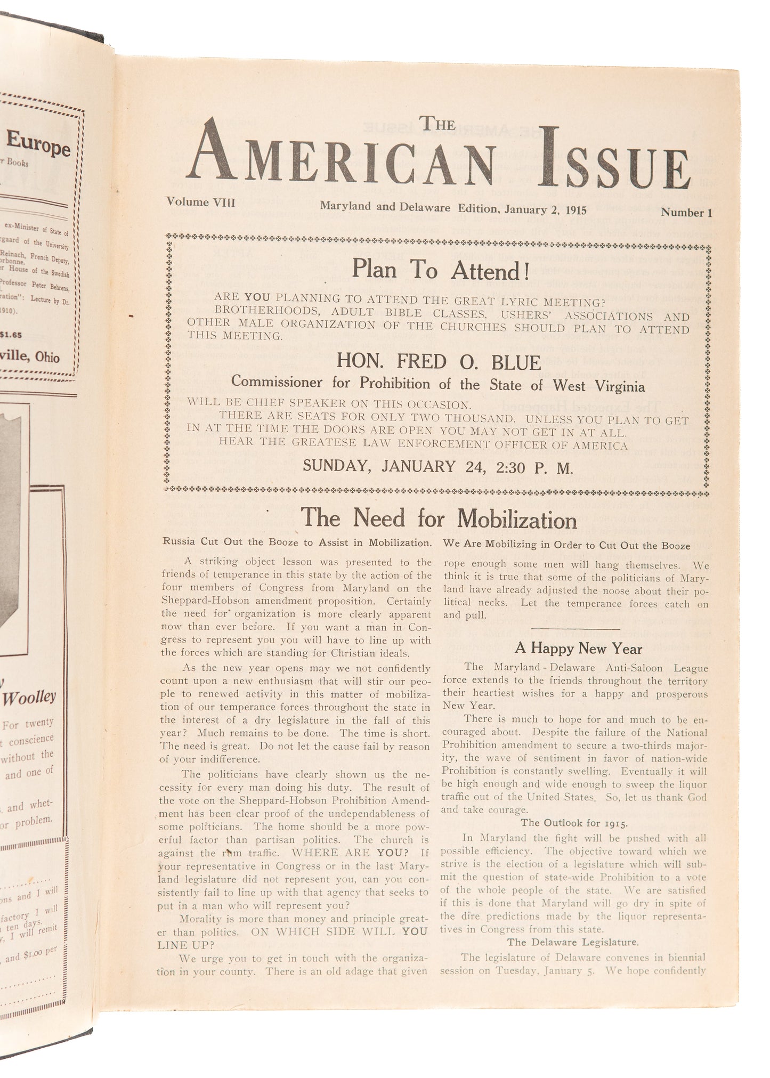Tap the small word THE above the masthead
click(x=439, y=124)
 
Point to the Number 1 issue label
click(x=686, y=213)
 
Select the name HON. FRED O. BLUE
click(x=439, y=362)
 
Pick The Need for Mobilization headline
click(x=439, y=518)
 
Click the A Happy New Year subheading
click(x=578, y=649)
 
